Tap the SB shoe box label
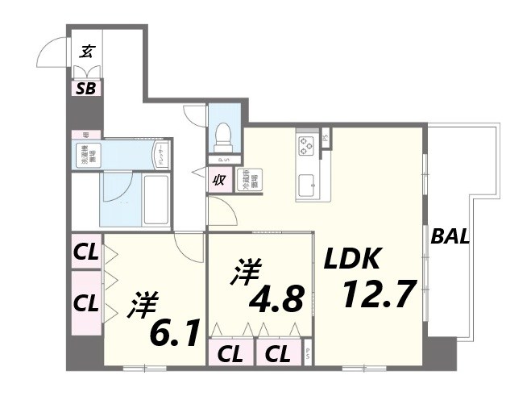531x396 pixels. click(x=86, y=89)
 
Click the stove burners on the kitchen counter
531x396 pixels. click(x=307, y=146)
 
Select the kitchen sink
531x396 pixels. click(x=307, y=187)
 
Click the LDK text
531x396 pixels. click(x=351, y=259)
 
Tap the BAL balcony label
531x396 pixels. click(x=450, y=237)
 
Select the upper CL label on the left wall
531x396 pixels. click(x=86, y=252)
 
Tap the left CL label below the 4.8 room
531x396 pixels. click(x=230, y=353)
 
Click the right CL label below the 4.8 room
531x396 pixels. click(x=279, y=353)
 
